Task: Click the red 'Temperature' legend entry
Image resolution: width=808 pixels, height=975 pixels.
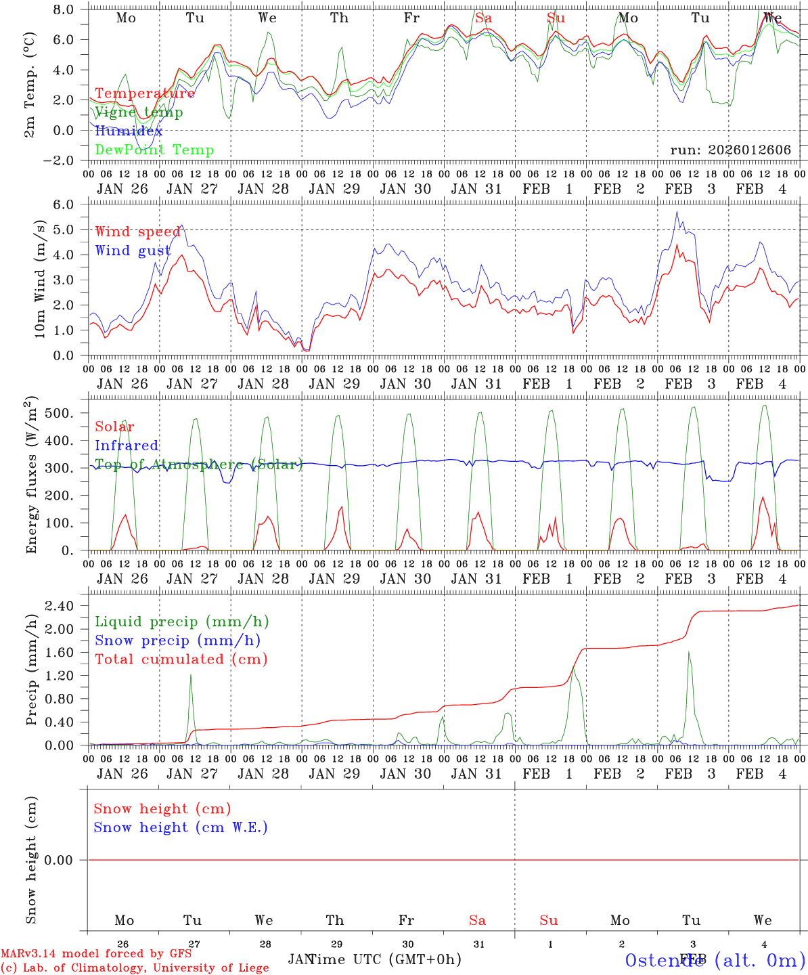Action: point(145,93)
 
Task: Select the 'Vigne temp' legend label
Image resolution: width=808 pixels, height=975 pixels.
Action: point(139,112)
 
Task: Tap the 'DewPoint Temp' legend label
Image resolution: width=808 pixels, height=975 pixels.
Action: point(154,150)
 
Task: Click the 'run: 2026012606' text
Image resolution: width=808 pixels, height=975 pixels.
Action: point(730,150)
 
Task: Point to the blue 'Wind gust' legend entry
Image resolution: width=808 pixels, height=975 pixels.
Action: point(133,251)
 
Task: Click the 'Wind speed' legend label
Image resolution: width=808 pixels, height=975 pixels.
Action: point(137,232)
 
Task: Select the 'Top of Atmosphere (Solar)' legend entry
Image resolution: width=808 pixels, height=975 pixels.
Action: point(198,464)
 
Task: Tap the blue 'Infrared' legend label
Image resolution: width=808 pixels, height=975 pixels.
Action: point(127,446)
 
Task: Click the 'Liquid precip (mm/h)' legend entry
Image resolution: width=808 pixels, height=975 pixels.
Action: point(182,622)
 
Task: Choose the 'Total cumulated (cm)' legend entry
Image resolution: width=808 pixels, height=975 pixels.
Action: point(181,659)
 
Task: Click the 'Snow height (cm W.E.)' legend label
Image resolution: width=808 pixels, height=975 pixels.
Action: point(181,827)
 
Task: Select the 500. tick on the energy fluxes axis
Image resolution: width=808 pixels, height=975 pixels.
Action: point(66,413)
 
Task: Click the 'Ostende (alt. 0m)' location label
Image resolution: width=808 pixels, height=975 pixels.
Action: point(715,960)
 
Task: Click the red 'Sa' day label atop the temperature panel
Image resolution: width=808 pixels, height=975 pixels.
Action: point(483,18)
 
